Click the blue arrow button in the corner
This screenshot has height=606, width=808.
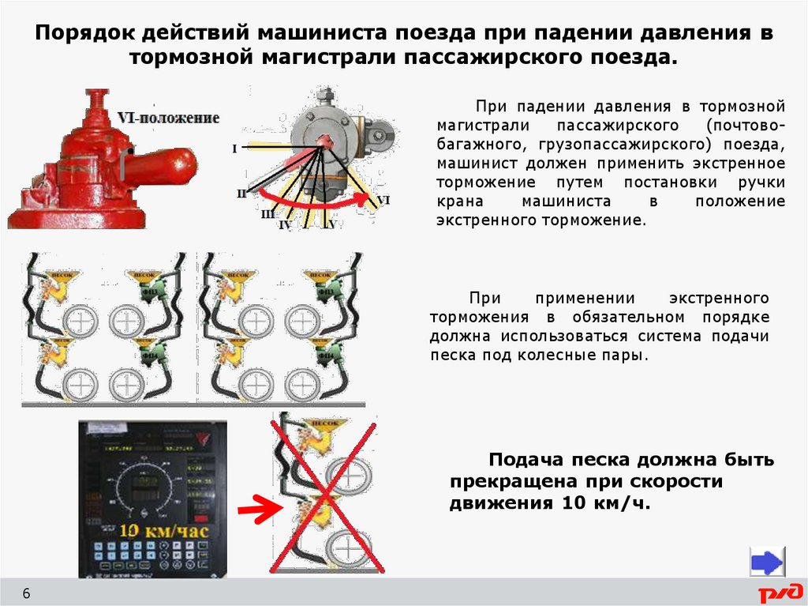pyautogui.click(x=766, y=563)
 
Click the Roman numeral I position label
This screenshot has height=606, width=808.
pyautogui.click(x=234, y=148)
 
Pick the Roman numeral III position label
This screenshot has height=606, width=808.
pyautogui.click(x=267, y=214)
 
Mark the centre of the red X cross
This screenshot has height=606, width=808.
pyautogui.click(x=327, y=493)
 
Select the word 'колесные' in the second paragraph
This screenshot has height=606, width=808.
pyautogui.click(x=553, y=356)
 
